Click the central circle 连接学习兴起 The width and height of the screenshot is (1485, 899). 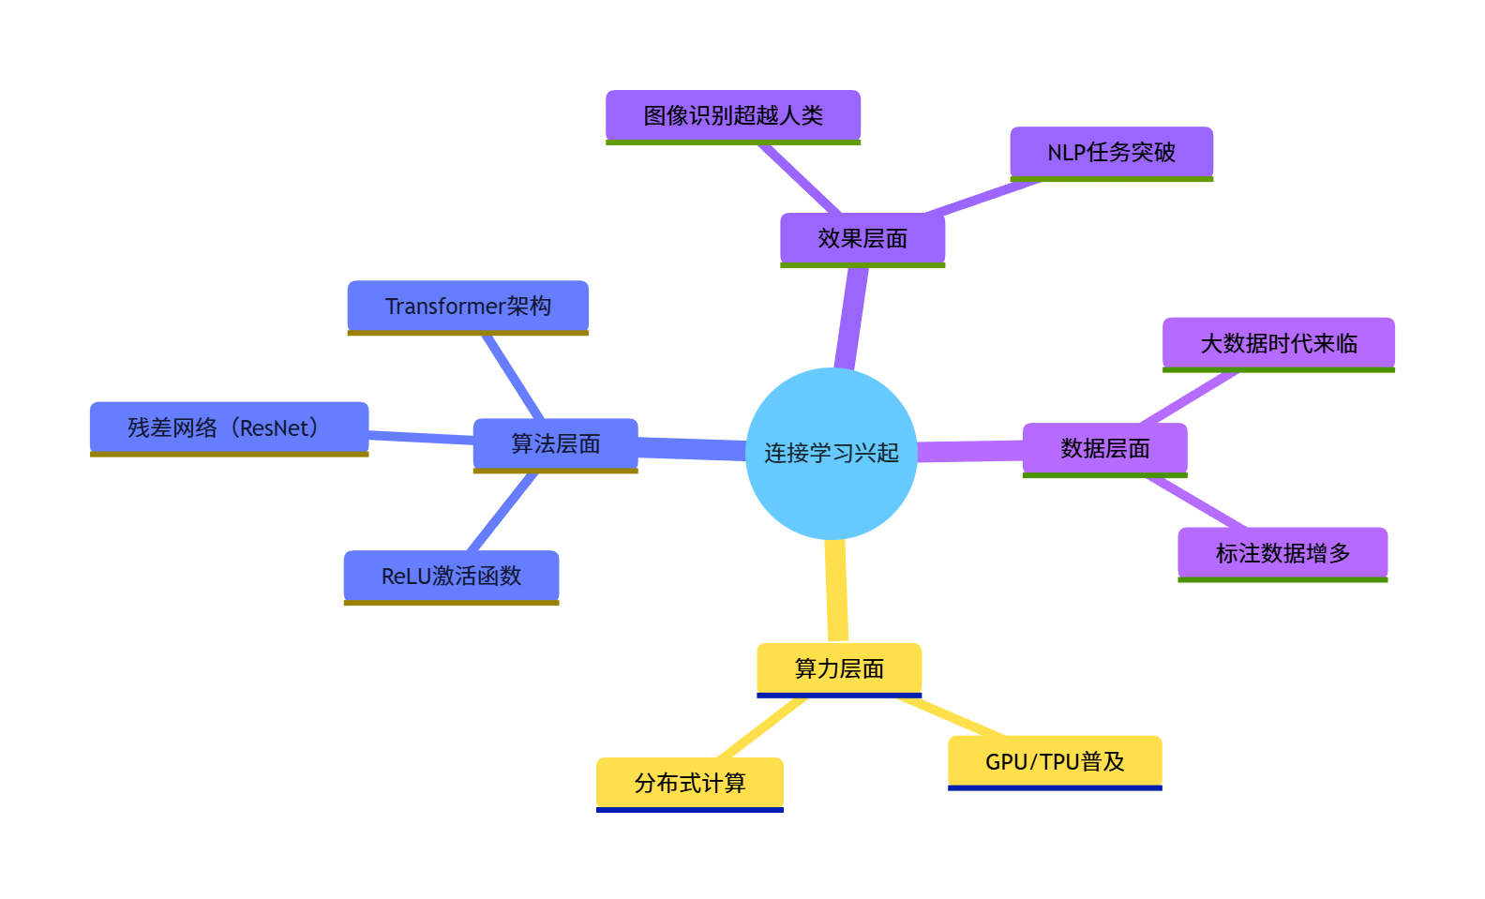click(x=831, y=453)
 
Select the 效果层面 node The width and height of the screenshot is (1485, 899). click(x=862, y=238)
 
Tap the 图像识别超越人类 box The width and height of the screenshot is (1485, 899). click(x=732, y=115)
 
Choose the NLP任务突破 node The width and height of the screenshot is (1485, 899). click(x=1111, y=152)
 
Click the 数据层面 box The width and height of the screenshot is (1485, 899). click(x=1104, y=448)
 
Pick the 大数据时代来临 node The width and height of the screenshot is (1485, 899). click(x=1278, y=343)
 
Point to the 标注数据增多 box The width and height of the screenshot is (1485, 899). click(x=1282, y=553)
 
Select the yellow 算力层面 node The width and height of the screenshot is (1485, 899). click(x=839, y=668)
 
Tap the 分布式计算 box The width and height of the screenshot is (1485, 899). click(x=689, y=783)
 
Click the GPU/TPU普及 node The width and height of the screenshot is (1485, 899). click(x=1055, y=761)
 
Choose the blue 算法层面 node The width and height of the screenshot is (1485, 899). click(x=555, y=443)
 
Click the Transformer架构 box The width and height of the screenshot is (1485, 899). click(x=468, y=306)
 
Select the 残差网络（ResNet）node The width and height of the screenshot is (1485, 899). click(x=229, y=427)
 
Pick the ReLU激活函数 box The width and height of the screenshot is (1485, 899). click(x=451, y=576)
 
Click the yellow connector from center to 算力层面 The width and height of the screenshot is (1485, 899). click(x=836, y=591)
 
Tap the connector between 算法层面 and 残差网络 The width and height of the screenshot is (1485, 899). click(x=421, y=436)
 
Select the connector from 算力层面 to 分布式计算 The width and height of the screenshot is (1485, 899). click(x=761, y=728)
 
